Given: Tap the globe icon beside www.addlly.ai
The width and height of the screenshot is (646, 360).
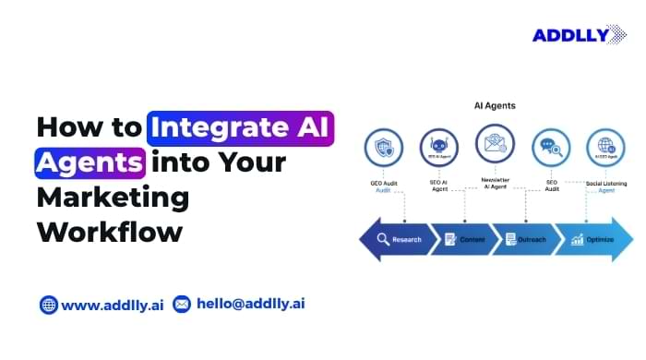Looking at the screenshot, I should point(48,304).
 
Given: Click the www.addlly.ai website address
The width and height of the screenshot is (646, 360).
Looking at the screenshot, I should point(113,304).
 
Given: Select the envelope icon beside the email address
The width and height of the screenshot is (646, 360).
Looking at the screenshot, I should point(182,304).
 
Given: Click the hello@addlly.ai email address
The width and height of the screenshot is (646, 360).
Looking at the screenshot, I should point(249,304).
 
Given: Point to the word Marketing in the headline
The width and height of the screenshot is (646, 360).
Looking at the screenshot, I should point(113,198).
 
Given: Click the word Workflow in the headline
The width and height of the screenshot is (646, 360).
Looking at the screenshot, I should point(109,231).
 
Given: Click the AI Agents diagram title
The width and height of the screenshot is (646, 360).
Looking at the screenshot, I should point(494,105).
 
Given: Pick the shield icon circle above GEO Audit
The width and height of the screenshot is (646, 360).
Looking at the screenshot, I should point(383,148).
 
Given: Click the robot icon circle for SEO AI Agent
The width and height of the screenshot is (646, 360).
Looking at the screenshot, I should point(438,148).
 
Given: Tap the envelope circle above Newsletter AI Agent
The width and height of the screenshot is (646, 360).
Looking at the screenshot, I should point(495,143).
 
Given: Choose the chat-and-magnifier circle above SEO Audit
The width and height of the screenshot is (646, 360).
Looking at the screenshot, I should point(550,148).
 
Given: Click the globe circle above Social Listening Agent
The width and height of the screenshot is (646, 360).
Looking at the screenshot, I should point(605,148).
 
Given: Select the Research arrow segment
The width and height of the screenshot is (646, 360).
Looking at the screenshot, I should point(398,239).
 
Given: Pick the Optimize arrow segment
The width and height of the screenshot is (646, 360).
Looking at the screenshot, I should point(592,239).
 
